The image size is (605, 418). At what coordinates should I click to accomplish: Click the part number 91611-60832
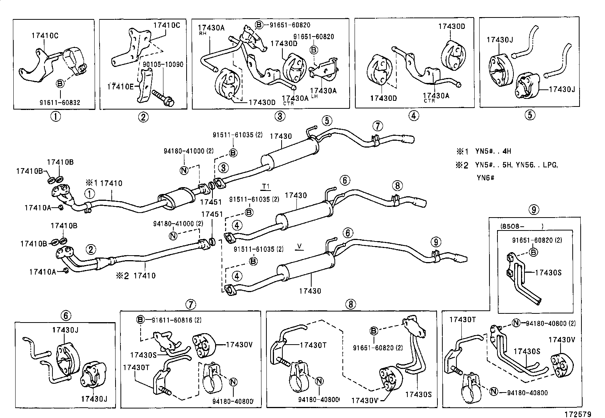pos(60,103)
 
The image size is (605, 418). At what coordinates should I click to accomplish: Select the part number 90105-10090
pos(163,65)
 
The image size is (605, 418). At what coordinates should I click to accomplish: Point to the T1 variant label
pos(265,186)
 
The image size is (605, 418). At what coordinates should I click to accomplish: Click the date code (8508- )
pos(521,226)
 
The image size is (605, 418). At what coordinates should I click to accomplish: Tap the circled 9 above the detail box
pos(534,209)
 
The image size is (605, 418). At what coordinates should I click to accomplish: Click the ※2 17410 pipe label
pos(136,275)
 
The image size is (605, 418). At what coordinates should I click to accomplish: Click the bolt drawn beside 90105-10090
pos(163,97)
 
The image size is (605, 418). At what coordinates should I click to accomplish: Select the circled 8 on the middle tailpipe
pos(397,186)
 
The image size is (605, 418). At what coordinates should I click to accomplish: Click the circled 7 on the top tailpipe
pos(377,126)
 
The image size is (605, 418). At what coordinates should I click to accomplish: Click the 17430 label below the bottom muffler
pos(310,291)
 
